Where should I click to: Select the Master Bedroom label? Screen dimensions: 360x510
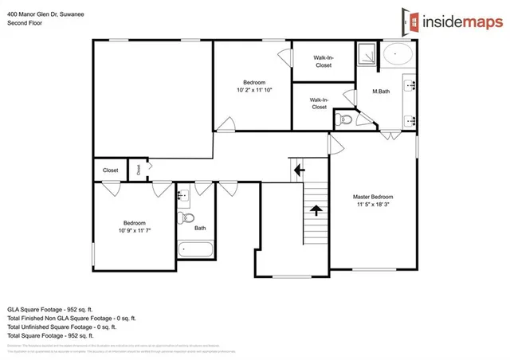(373, 197)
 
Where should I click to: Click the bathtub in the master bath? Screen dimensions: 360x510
(398, 54)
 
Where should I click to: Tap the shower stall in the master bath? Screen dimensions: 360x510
(368, 53)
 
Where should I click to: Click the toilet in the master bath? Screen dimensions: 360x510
(344, 120)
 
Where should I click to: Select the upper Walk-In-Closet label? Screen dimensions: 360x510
(323, 61)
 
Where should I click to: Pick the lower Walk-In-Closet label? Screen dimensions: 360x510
(319, 103)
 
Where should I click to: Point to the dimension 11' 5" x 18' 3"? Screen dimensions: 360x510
(373, 205)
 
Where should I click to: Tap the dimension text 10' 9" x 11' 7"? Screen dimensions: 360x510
(133, 230)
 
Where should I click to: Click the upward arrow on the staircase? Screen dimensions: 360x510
(316, 210)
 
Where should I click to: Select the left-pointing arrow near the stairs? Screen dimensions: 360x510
(299, 170)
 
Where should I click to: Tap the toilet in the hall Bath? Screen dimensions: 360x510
(188, 217)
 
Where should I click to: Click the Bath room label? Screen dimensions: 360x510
(200, 228)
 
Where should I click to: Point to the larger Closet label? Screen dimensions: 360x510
(110, 170)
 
